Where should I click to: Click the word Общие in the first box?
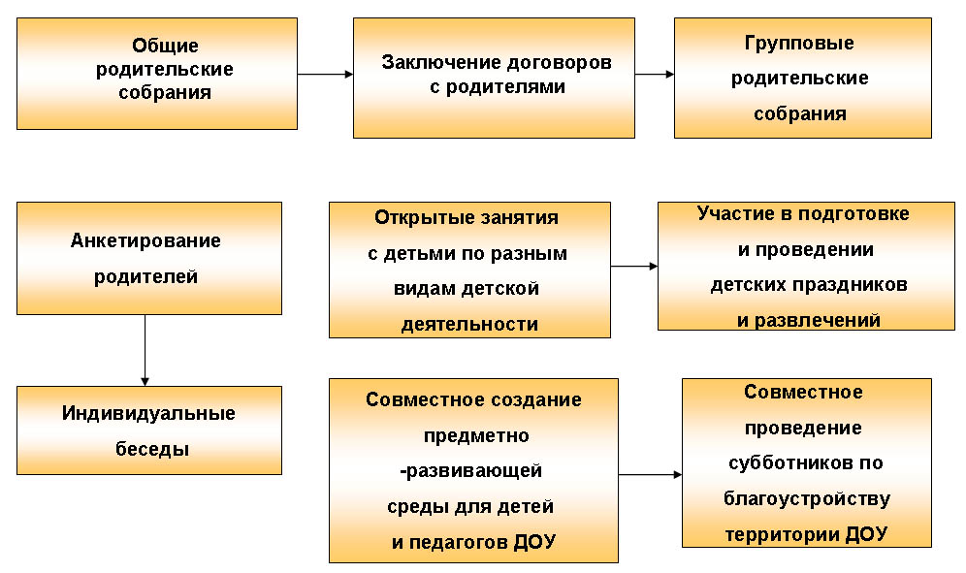pyautogui.click(x=165, y=46)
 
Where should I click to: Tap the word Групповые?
pyautogui.click(x=799, y=43)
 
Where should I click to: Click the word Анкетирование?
pyautogui.click(x=145, y=240)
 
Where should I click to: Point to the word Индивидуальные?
pyautogui.click(x=148, y=413)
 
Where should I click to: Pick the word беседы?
pyautogui.click(x=152, y=449)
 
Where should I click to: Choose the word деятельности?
pyautogui.click(x=469, y=324)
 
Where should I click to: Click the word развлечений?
pyautogui.click(x=818, y=320)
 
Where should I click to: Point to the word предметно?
pyautogui.click(x=476, y=435)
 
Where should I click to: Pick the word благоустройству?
pyautogui.click(x=807, y=498)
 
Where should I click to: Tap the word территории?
pyautogui.click(x=783, y=533)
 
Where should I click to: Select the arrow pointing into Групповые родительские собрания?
pyautogui.click(x=655, y=75)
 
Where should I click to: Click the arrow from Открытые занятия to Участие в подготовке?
pyautogui.click(x=634, y=267)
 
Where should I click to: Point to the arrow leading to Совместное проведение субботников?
pyautogui.click(x=650, y=474)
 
